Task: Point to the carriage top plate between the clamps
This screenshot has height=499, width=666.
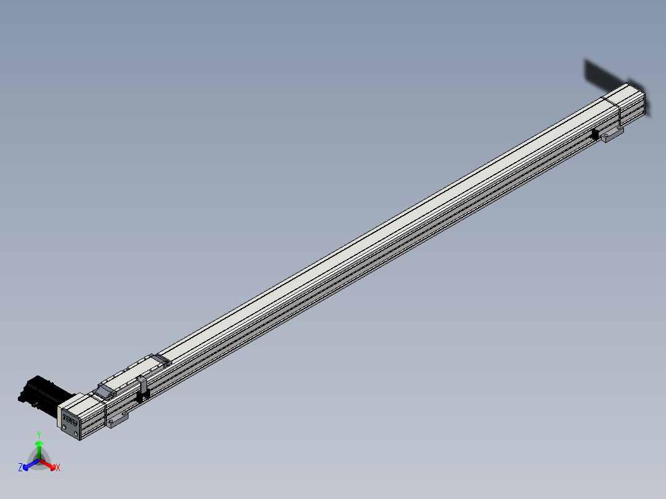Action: [130, 375]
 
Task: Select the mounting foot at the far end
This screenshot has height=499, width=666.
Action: [612, 135]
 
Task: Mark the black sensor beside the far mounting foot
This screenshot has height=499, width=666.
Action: [596, 134]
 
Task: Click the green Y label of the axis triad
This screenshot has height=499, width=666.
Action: [38, 434]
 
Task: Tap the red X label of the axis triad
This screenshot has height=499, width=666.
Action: [58, 468]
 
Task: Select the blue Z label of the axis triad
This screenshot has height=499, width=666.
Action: [20, 468]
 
